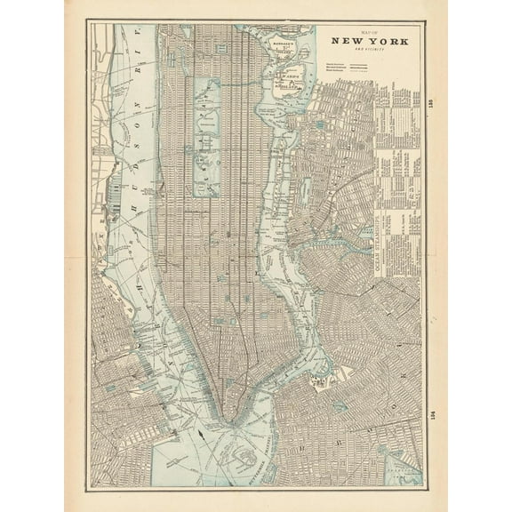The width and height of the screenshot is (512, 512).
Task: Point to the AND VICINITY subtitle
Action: (364, 51)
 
